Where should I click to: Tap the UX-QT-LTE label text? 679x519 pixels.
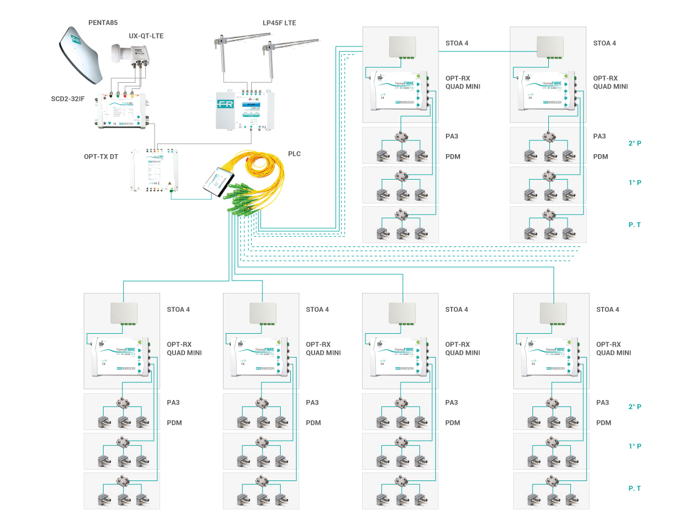coord(146,36)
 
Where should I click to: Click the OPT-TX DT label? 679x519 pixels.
coord(100,156)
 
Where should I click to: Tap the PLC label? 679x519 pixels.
coord(294,154)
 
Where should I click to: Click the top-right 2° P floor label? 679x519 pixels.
coord(635,143)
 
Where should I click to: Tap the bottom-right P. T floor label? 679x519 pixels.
coord(635,488)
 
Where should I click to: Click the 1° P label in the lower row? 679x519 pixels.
coord(635,446)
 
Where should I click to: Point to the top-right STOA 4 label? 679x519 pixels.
coord(604,43)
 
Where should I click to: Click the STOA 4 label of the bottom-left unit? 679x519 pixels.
coord(178,309)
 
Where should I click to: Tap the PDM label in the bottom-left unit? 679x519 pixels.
coord(175,423)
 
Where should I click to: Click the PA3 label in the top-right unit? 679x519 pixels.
coord(599,137)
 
